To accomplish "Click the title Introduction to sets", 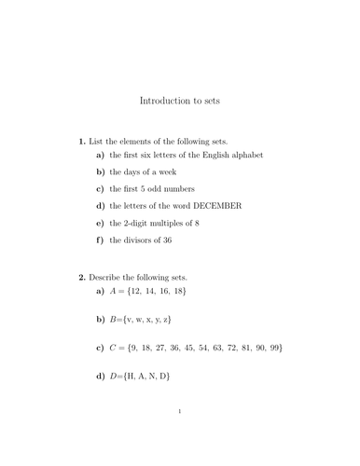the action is point(179,99).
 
